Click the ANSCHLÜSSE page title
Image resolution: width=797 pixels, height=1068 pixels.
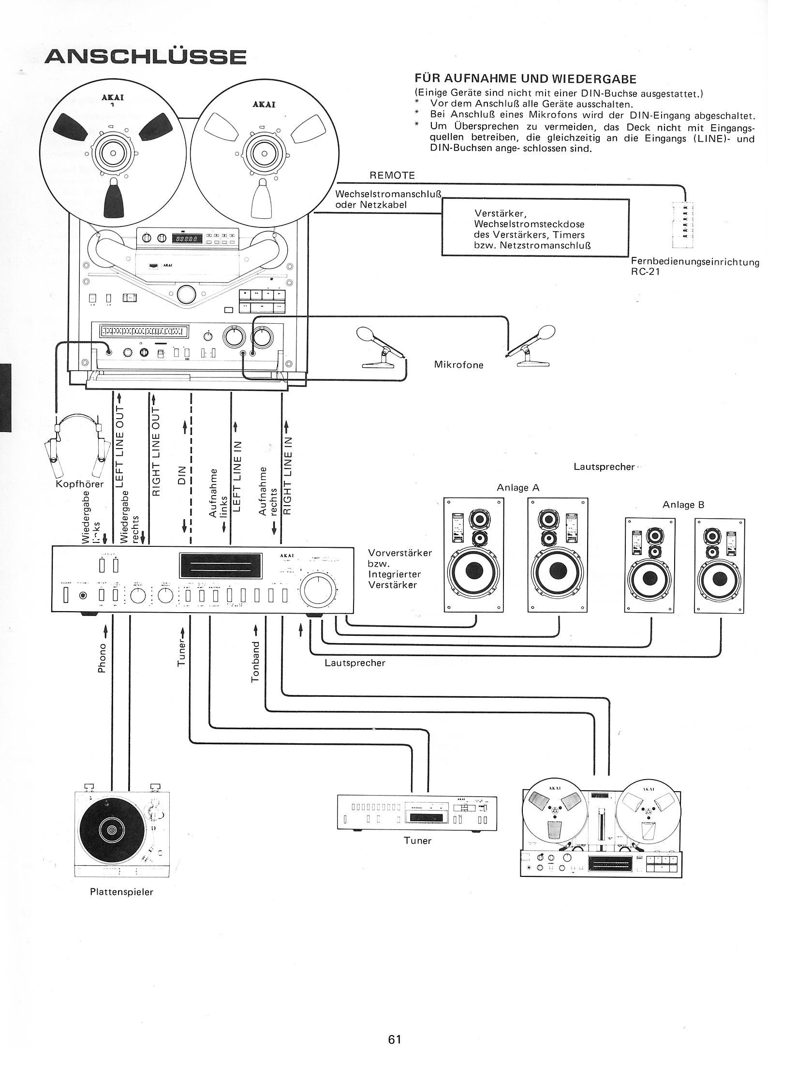[x=145, y=57]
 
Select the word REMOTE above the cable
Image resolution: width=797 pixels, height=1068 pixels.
[x=392, y=176]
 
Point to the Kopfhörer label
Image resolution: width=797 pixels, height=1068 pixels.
[x=80, y=484]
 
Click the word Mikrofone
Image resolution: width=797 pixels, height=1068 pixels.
[x=458, y=365]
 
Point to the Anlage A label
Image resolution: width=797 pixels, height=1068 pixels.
[x=517, y=488]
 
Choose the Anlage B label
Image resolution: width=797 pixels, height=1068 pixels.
[x=683, y=505]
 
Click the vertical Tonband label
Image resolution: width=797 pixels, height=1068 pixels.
[x=256, y=662]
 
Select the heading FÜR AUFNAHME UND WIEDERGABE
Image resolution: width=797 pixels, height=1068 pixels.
[x=525, y=79]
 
